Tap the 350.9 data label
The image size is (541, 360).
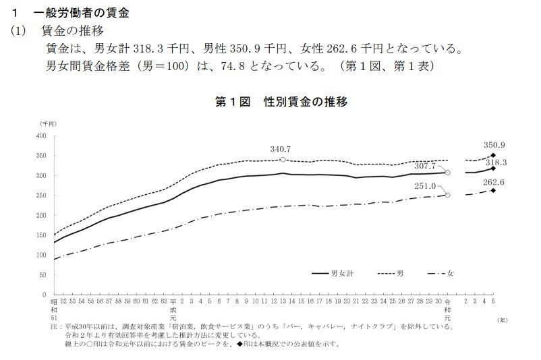click(494, 145)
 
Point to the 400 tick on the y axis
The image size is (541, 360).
click(40, 136)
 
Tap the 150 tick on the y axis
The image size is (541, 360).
click(40, 235)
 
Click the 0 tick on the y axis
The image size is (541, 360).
click(44, 295)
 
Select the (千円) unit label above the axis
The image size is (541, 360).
click(48, 123)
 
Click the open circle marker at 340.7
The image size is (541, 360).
click(283, 160)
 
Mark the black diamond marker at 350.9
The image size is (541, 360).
click(494, 155)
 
